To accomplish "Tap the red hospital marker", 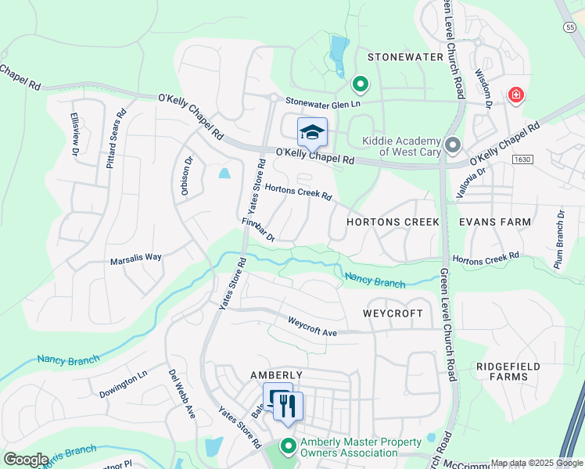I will pyautogui.click(x=515, y=96).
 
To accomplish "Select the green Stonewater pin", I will pyautogui.click(x=360, y=82).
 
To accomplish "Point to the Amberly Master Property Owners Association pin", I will pyautogui.click(x=288, y=447).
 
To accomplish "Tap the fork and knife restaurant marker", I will pyautogui.click(x=287, y=406).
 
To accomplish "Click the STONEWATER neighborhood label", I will pyautogui.click(x=400, y=57).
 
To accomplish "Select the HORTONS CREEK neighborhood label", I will pyautogui.click(x=393, y=222).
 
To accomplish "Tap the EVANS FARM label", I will pyautogui.click(x=495, y=222).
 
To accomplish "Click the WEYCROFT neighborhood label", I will pyautogui.click(x=393, y=313).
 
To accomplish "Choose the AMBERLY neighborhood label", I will pyautogui.click(x=275, y=375).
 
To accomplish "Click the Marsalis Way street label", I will pyautogui.click(x=135, y=256).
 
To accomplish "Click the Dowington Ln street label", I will pyautogui.click(x=124, y=386).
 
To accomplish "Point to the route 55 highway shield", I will pyautogui.click(x=569, y=27).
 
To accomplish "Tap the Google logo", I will pyautogui.click(x=26, y=460).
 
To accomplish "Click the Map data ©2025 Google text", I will pyautogui.click(x=536, y=463).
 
